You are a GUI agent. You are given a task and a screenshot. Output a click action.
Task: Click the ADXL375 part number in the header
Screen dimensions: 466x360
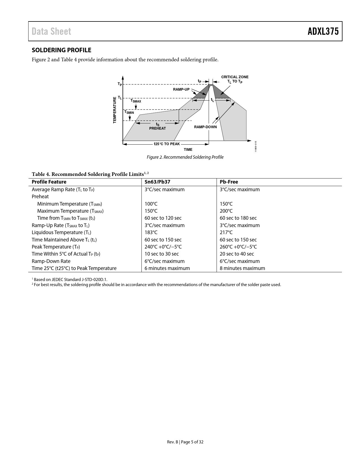point(323,31)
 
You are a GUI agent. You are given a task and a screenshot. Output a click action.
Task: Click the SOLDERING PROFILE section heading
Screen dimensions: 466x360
point(62,50)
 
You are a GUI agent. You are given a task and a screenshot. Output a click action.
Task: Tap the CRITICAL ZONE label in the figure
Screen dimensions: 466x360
point(235,77)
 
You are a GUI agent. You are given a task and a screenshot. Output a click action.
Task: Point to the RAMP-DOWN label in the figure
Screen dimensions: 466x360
point(205,127)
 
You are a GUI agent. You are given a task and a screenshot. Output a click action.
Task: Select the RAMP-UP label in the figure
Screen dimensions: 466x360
point(181,90)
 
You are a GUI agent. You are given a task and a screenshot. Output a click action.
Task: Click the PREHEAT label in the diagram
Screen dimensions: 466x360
point(158,129)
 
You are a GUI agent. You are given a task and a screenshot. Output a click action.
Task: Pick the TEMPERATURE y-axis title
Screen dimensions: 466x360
point(115,110)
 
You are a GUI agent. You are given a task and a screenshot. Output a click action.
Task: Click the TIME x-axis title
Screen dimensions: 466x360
point(188,150)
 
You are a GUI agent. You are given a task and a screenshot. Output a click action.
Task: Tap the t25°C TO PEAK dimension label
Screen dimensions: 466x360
point(167,144)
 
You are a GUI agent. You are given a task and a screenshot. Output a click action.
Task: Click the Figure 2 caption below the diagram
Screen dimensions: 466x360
point(185,157)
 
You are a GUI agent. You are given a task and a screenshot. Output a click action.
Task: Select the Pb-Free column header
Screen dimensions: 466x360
point(229,182)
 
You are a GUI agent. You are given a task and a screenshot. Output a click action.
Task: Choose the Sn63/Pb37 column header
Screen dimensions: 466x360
point(157,182)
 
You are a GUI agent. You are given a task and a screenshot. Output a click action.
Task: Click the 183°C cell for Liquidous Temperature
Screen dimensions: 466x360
point(151,232)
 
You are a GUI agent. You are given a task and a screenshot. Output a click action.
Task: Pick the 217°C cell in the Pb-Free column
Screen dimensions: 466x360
point(226,232)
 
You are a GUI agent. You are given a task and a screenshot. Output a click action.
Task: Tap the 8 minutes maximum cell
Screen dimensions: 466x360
point(242,268)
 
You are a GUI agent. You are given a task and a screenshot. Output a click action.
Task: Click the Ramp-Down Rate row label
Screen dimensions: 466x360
point(51,261)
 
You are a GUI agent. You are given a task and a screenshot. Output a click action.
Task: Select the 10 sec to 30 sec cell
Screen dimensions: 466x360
point(162,254)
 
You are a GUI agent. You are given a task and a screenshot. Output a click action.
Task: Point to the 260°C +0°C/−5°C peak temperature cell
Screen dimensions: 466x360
point(238,247)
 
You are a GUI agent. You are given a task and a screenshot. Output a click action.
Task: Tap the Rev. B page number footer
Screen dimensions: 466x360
point(185,442)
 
